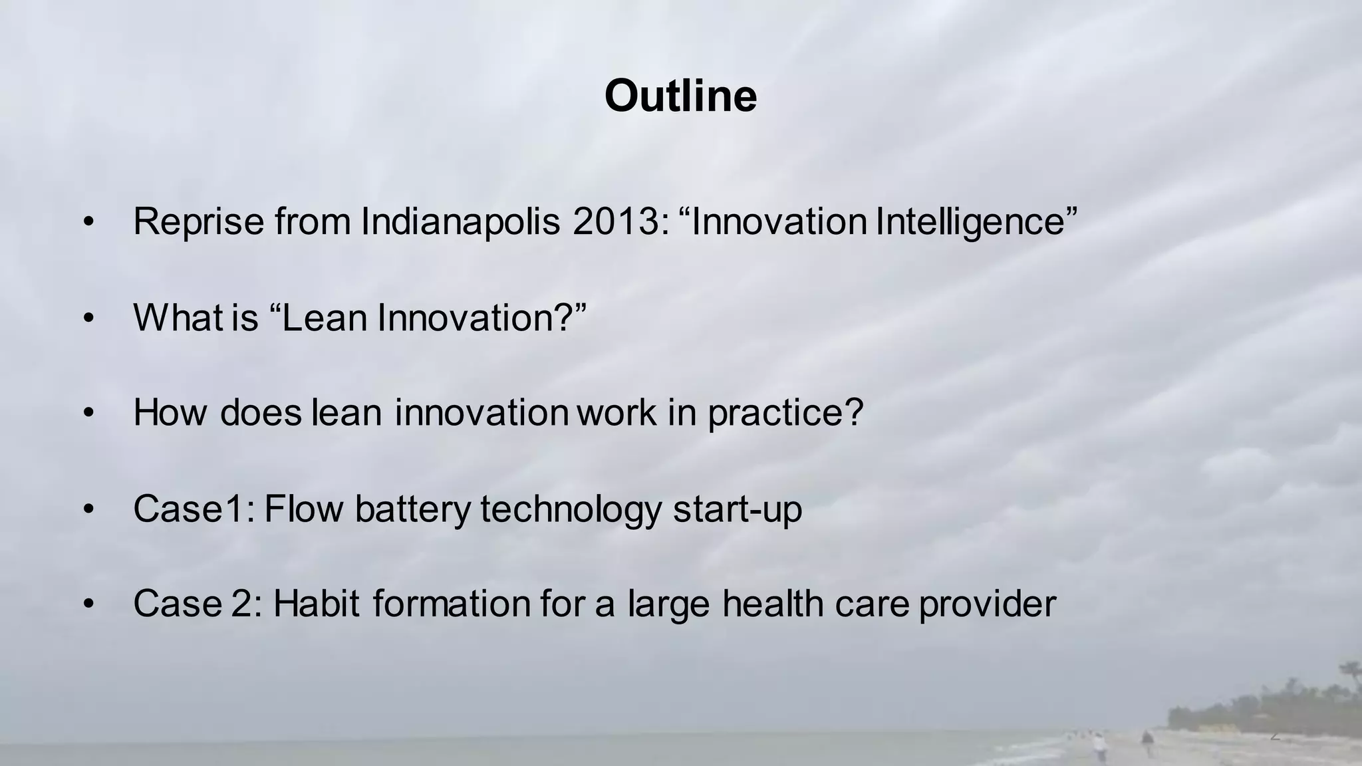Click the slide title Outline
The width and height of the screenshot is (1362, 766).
pyautogui.click(x=680, y=96)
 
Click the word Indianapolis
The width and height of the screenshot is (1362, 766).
pyautogui.click(x=460, y=221)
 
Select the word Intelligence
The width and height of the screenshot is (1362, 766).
pyautogui.click(x=971, y=221)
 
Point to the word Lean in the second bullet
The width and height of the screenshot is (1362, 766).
pyautogui.click(x=325, y=317)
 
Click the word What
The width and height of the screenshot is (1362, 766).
pyautogui.click(x=178, y=317)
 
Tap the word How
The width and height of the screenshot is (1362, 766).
pyautogui.click(x=171, y=412)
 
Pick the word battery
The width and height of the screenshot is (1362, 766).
pyautogui.click(x=412, y=509)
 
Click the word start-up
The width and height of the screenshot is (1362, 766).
pyautogui.click(x=737, y=509)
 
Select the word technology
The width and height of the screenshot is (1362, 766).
pyautogui.click(x=571, y=509)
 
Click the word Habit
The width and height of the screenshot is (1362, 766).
pyautogui.click(x=317, y=604)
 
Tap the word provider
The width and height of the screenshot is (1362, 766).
pyautogui.click(x=987, y=604)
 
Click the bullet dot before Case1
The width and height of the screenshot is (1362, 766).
pyautogui.click(x=89, y=510)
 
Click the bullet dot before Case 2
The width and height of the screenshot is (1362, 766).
pyautogui.click(x=89, y=605)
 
